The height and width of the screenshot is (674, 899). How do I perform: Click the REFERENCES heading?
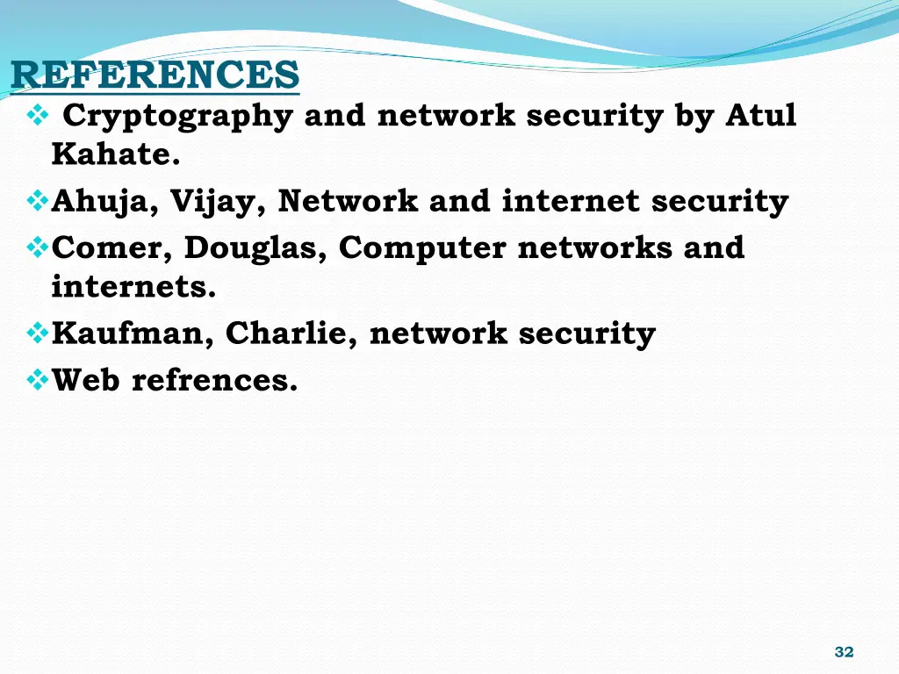click(x=155, y=75)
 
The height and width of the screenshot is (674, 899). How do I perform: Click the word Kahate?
click(x=116, y=154)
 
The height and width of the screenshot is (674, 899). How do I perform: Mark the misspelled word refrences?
click(x=214, y=380)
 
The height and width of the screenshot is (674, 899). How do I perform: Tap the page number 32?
click(x=844, y=651)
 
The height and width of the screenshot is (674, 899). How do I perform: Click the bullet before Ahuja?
click(x=38, y=202)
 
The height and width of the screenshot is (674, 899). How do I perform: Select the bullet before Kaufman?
click(x=38, y=334)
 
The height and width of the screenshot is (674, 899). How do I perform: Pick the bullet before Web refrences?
click(x=38, y=381)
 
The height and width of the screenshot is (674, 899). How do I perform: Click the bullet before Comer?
click(x=38, y=248)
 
